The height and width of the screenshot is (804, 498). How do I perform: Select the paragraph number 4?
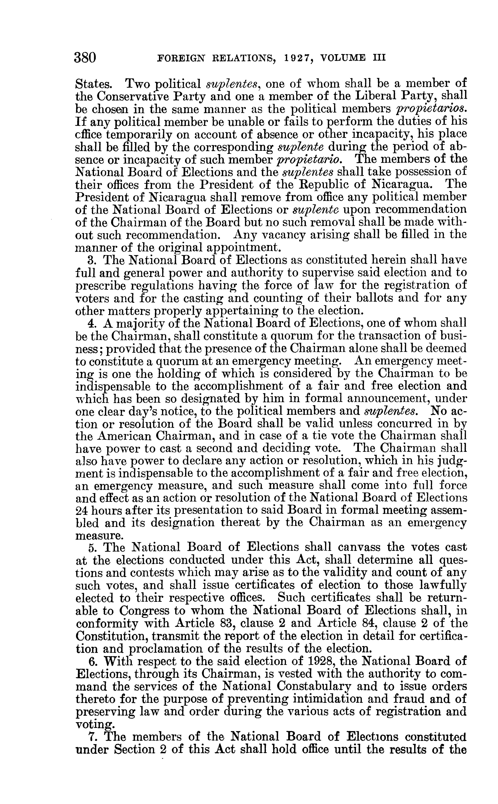pyautogui.click(x=92, y=323)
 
